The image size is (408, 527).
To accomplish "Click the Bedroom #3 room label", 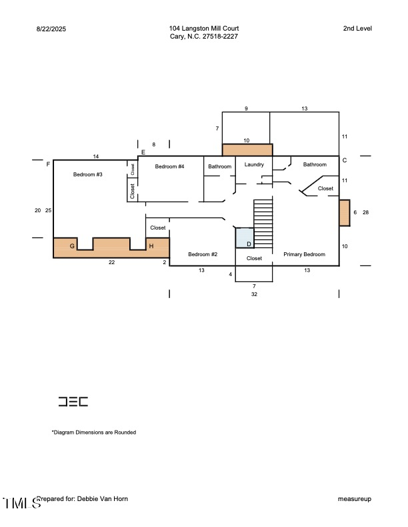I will (87, 174).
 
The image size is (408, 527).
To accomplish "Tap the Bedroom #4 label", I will (169, 166).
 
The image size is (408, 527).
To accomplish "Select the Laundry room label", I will (254, 164).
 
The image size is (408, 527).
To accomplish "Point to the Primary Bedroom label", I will (304, 255).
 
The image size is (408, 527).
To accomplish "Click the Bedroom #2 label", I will (203, 255).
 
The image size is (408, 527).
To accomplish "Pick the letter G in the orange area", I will (72, 246).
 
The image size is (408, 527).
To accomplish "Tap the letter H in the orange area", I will (151, 246).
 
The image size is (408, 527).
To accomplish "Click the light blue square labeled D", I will (245, 238).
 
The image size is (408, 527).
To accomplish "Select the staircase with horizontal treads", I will (264, 223).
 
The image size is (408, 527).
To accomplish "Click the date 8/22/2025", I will (51, 29).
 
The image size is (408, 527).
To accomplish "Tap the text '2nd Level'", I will (357, 29).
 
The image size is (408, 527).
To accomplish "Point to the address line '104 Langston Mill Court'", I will (204, 29).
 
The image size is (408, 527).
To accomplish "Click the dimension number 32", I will (254, 294).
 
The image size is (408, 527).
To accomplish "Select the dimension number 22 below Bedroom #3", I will (112, 263).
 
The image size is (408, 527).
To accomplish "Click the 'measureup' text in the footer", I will (355, 499).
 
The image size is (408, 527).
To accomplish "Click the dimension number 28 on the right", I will (365, 212).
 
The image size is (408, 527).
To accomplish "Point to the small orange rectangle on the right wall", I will (345, 213).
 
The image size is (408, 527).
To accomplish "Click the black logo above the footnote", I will (73, 402).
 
